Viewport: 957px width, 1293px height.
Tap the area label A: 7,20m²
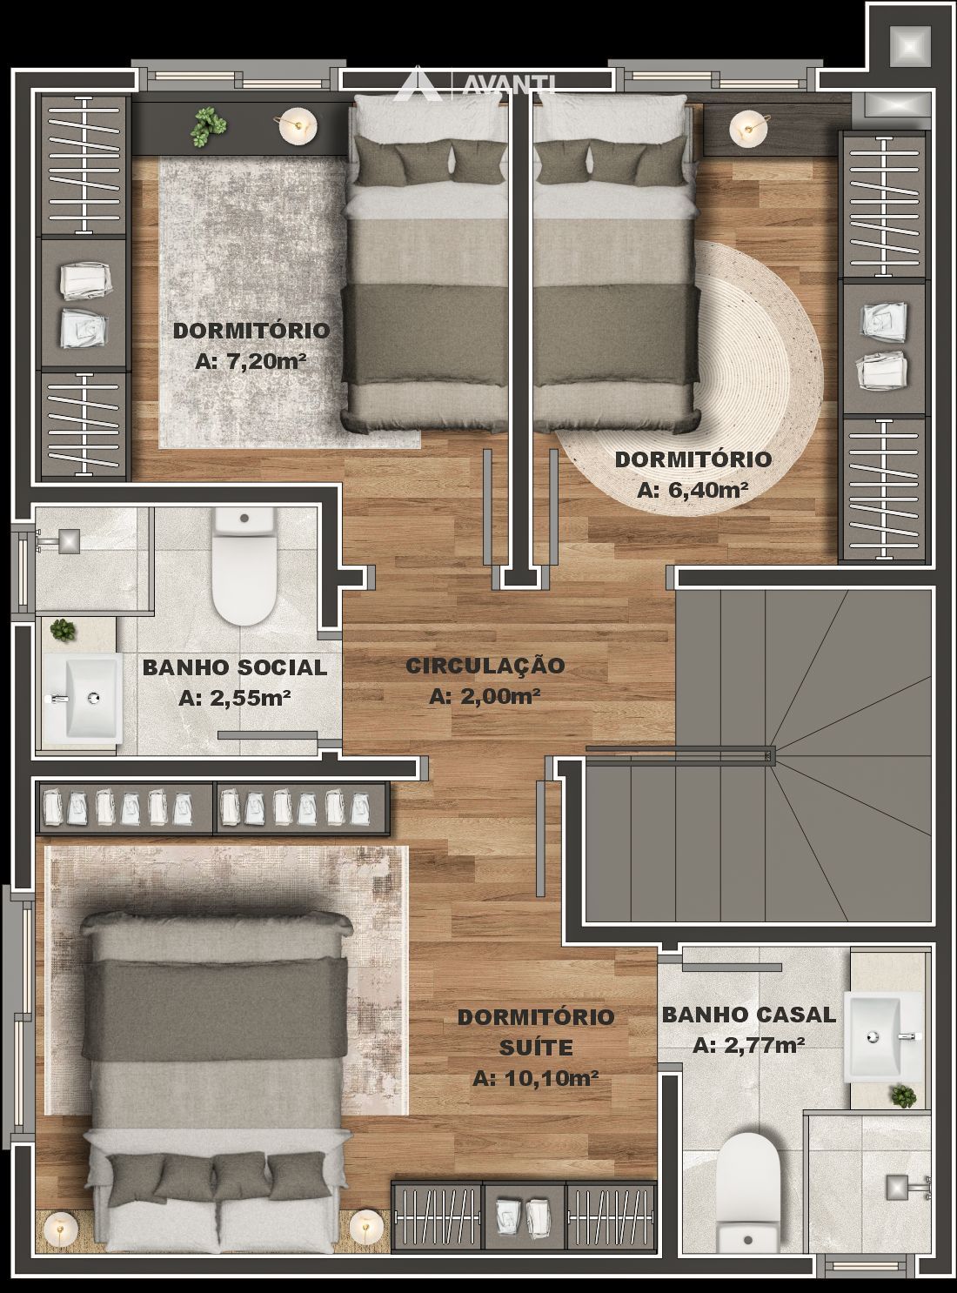[251, 361]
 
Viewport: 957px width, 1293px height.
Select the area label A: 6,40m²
[693, 490]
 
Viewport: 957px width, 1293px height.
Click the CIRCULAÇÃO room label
[485, 665]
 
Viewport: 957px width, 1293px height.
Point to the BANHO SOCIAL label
[235, 667]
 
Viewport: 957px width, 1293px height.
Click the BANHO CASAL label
[749, 1015]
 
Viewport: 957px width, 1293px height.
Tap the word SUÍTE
[536, 1048]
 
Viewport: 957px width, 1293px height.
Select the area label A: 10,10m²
[536, 1078]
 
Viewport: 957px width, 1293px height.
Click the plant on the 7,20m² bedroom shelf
[208, 127]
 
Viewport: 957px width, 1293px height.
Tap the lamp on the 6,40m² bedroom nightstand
[748, 127]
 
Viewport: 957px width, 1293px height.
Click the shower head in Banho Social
[68, 540]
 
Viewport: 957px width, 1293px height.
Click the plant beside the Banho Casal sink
[903, 1095]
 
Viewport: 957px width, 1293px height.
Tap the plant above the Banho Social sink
[62, 630]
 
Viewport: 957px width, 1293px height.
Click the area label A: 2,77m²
[749, 1046]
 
